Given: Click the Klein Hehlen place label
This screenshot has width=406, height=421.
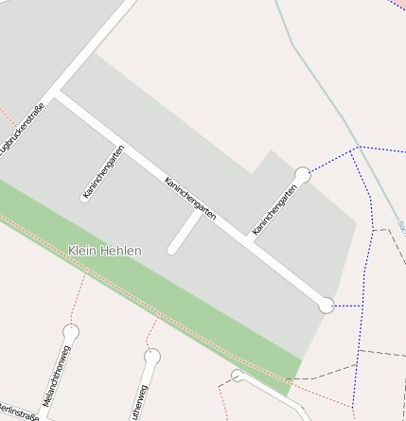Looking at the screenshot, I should (104, 251).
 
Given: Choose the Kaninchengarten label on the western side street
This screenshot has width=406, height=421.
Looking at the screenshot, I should (103, 173).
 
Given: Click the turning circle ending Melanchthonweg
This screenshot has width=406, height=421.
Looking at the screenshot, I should (70, 332).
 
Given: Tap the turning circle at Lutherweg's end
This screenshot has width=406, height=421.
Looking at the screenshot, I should (151, 357).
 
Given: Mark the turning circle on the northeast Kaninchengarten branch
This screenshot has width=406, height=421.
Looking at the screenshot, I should (302, 175).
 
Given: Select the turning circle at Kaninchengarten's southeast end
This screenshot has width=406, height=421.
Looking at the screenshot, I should (327, 305).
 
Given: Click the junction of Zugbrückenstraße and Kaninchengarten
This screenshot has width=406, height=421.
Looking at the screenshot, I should (57, 93).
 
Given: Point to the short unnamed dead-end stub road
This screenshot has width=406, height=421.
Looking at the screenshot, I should (185, 233).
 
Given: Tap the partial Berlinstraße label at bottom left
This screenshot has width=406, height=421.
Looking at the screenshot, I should (17, 414).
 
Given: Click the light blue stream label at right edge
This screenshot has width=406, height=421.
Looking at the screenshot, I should (401, 227).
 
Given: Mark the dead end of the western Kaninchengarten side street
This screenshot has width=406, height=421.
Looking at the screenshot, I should (85, 197).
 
